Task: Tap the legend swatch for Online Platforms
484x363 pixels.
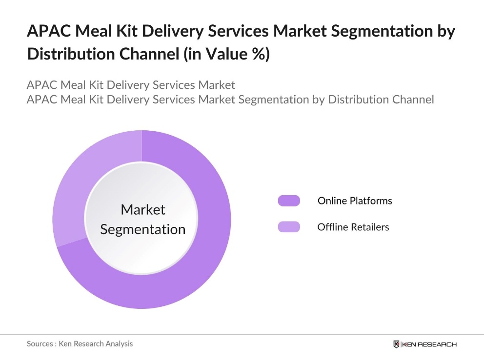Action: (289, 201)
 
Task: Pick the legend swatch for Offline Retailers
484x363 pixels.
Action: (289, 227)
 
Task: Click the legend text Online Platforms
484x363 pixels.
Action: (355, 201)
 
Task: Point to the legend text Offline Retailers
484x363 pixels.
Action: (353, 227)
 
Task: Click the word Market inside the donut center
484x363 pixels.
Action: (143, 210)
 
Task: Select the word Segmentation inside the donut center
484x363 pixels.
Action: (143, 229)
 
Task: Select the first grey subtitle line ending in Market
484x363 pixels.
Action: (131, 85)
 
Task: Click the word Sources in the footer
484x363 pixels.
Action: (40, 344)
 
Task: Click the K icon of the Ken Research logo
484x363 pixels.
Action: (397, 344)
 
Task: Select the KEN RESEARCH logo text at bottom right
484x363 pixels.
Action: (429, 344)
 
